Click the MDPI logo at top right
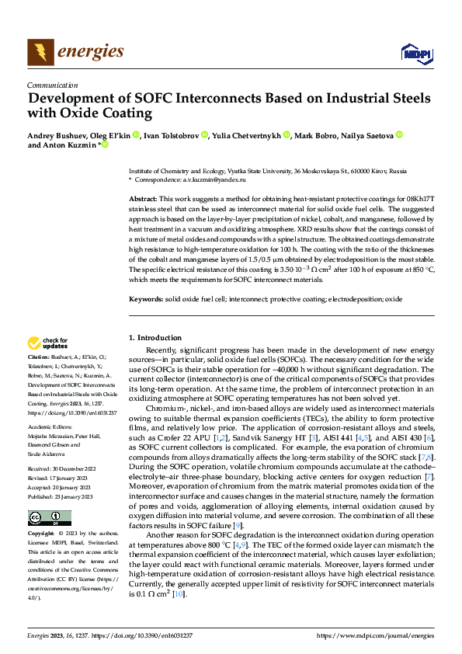[412, 53]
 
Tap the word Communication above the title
[52, 85]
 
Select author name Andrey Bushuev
[56, 135]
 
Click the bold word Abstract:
[144, 200]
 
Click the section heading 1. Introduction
[155, 337]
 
